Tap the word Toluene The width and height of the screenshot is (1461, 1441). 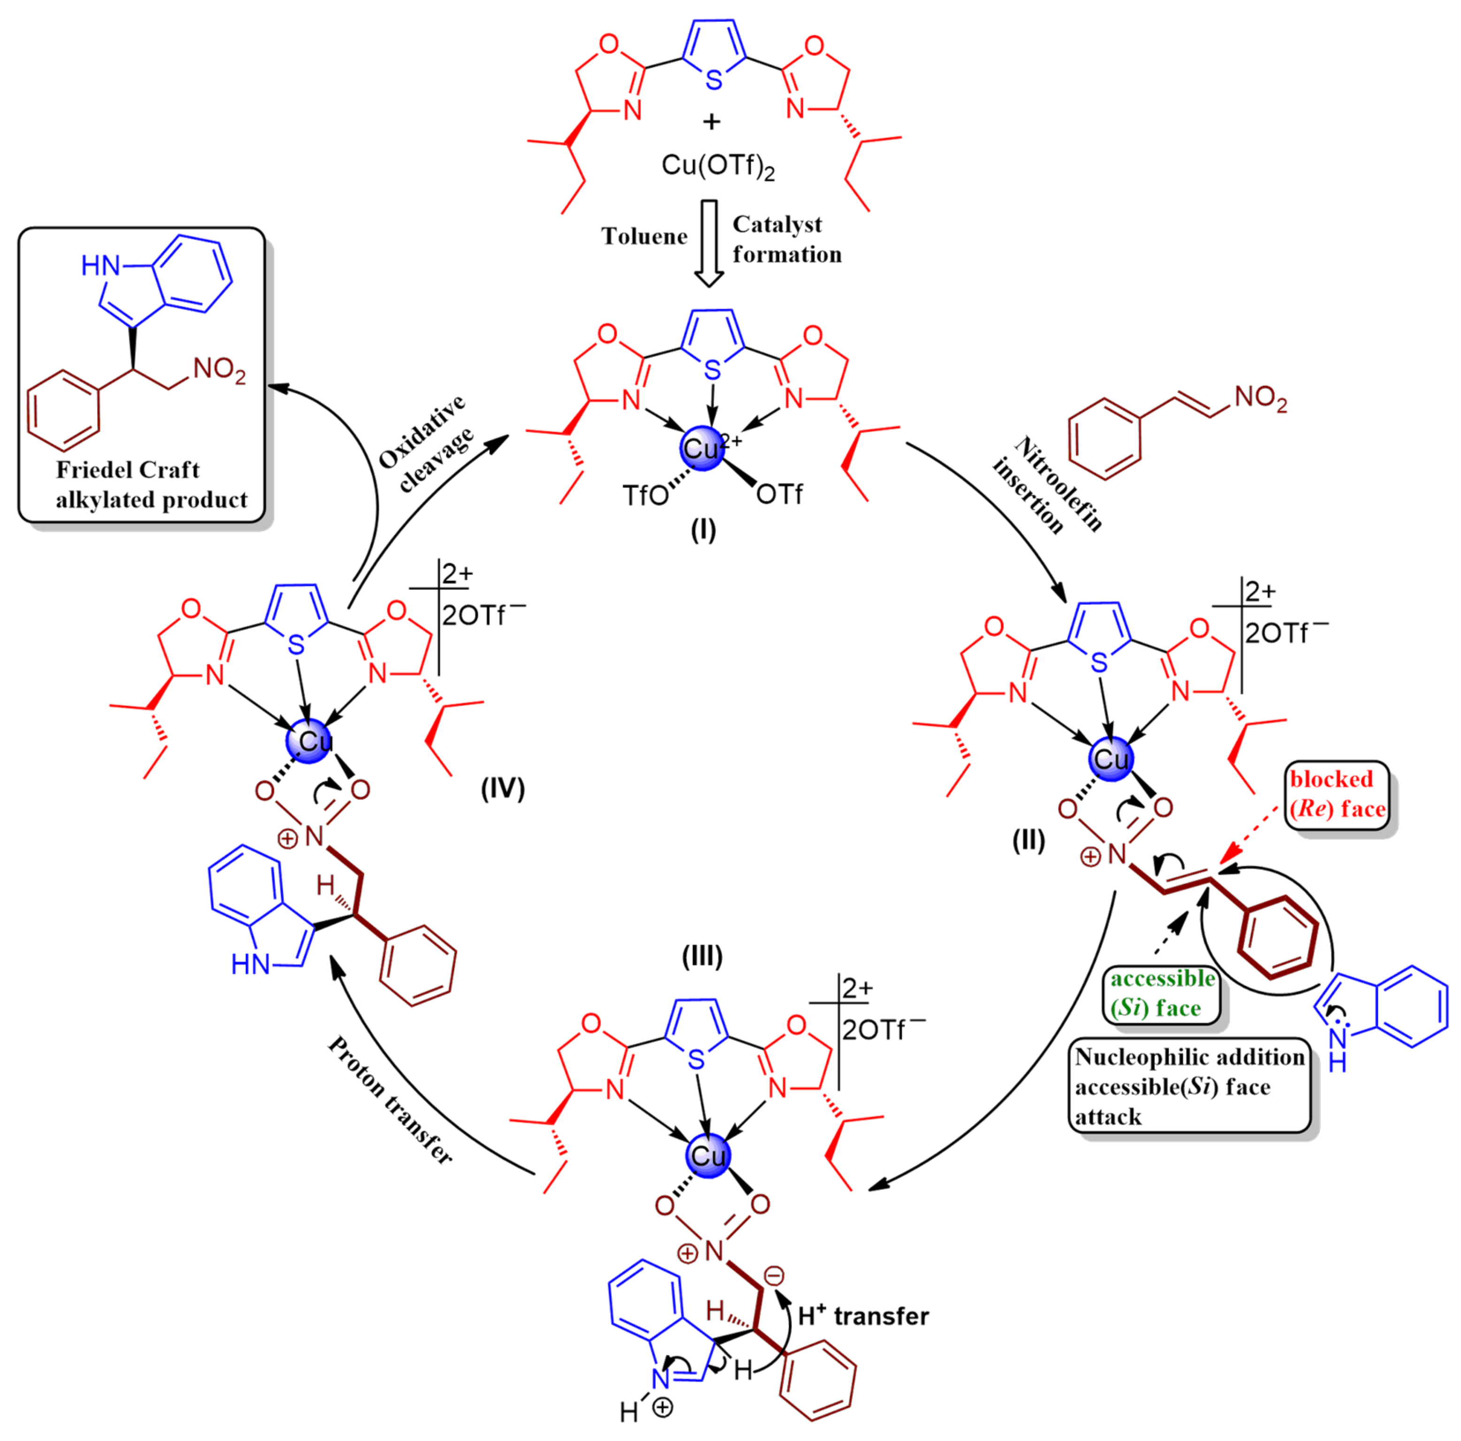tap(644, 237)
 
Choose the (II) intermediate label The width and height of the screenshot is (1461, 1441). tap(1029, 840)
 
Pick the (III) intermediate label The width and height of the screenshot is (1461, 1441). tap(702, 956)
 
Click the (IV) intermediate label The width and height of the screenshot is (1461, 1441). tap(503, 789)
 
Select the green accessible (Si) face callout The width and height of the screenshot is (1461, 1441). tap(1161, 994)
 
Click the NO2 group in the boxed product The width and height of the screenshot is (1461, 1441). tap(219, 371)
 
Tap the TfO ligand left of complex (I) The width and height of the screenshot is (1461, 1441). tap(645, 496)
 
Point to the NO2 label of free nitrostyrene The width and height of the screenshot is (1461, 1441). tap(1261, 399)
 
